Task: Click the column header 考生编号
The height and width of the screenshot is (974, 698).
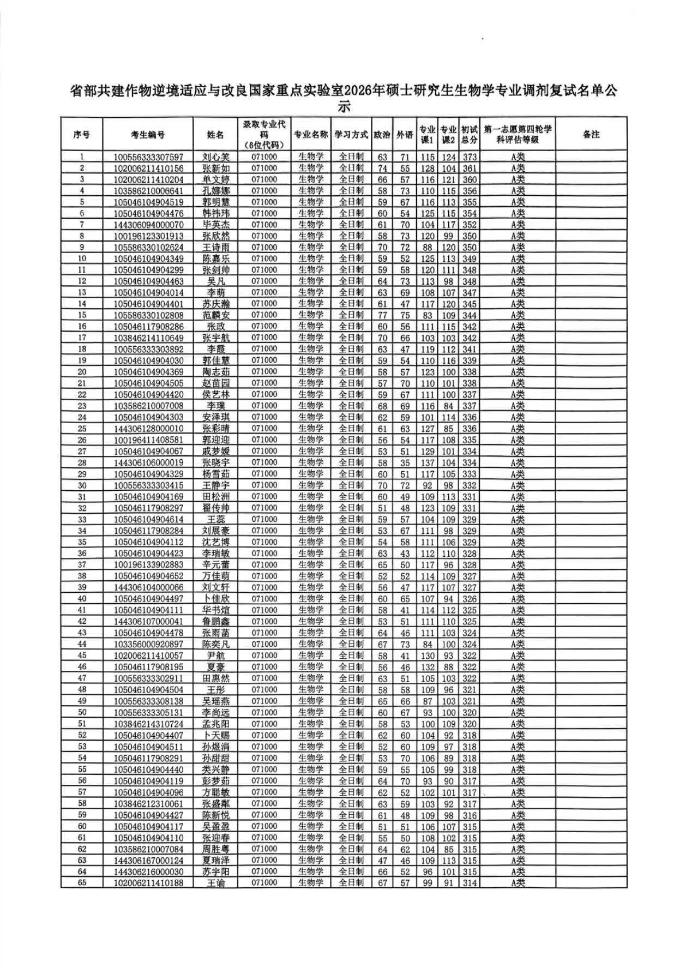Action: click(148, 134)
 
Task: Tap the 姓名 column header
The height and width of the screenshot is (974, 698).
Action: click(216, 134)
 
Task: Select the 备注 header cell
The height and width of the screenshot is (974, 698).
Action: click(591, 134)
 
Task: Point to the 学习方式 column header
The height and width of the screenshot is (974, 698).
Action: click(351, 134)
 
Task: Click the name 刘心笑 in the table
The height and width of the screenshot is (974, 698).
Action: click(216, 157)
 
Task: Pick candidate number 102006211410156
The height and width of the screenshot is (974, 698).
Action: click(148, 169)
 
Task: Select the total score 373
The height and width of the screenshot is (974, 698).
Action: click(470, 157)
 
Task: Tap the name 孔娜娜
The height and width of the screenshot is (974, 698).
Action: click(216, 191)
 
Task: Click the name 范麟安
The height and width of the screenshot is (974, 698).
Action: click(216, 315)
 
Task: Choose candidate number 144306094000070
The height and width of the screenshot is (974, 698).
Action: click(148, 225)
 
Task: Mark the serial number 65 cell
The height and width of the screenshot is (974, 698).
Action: click(82, 882)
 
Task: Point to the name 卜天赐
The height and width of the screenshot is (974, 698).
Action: click(216, 735)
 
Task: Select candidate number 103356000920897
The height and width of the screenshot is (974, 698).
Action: click(148, 644)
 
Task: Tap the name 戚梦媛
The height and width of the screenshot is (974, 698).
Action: click(216, 451)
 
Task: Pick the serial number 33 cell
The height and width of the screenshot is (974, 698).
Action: click(82, 519)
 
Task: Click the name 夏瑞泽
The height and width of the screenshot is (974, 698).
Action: click(216, 860)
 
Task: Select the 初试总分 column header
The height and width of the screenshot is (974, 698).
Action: click(470, 134)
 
